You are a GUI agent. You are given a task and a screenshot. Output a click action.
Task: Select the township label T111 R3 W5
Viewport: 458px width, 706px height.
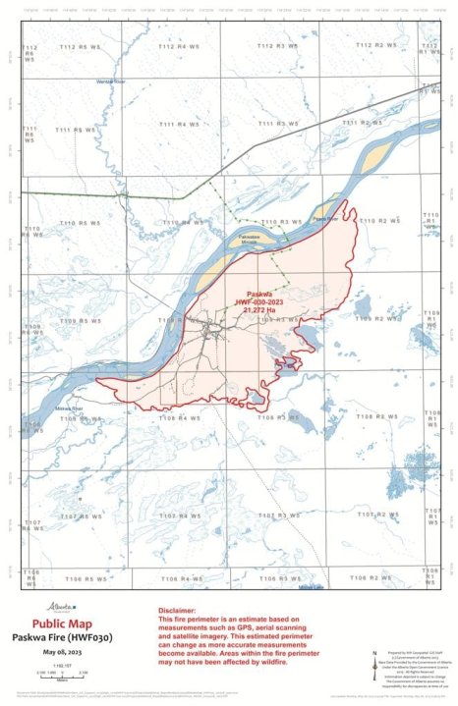[275, 124]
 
